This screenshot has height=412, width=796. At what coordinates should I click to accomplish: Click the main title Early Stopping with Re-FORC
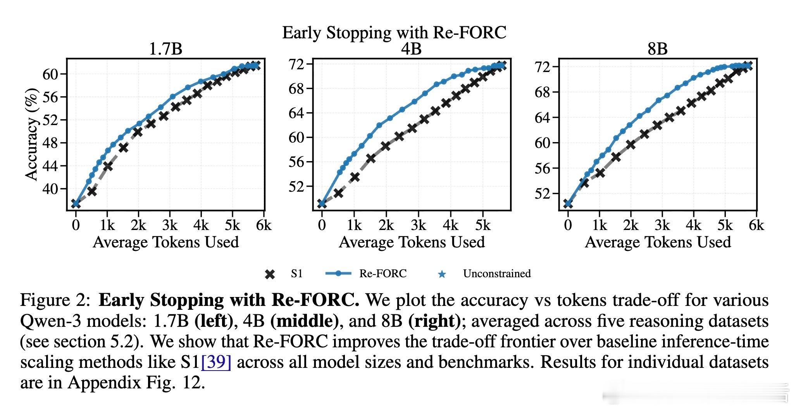click(x=394, y=33)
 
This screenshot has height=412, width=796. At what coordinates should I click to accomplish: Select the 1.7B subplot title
click(x=165, y=49)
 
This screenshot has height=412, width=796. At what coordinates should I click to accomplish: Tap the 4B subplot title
click(x=412, y=49)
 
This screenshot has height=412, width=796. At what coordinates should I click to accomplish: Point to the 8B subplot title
click(x=658, y=49)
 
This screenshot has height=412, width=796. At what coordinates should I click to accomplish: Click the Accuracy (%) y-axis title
click(x=32, y=134)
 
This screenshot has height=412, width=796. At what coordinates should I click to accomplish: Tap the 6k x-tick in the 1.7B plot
click(x=264, y=225)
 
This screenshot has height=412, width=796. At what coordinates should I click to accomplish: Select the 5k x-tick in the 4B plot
click(x=482, y=225)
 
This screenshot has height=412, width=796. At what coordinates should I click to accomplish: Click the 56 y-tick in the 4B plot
click(x=297, y=162)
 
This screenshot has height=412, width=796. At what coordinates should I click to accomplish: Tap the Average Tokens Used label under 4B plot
click(x=412, y=242)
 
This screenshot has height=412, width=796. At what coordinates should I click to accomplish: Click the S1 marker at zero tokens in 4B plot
click(x=322, y=203)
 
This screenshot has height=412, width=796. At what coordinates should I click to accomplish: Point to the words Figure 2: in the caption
click(x=55, y=300)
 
